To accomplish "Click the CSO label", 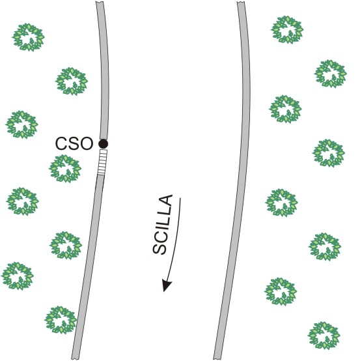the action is pos(74,143).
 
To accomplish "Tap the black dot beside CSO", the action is pos(103,144).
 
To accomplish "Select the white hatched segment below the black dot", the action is pos(102,162).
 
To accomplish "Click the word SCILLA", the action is pos(163,225).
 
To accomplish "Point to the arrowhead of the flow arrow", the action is pos(167,285).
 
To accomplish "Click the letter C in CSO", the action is pos(61,143).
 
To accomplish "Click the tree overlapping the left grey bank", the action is pos(61,320).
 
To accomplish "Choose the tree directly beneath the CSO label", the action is pos(65,169).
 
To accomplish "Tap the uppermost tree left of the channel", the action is pos(28,37).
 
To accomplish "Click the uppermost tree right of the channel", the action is pos(287,30).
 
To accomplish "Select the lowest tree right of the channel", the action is pos(324,336).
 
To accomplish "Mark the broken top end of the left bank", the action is pos(100,3).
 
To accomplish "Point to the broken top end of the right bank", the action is pos(241,3).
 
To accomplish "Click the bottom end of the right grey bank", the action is pos(217,358).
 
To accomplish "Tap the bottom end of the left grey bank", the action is pos(75,358).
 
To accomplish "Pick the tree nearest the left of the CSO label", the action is pos(22,124).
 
